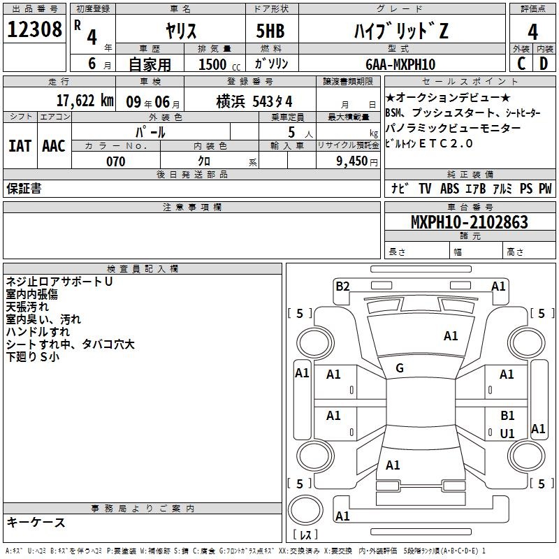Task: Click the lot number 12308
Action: [x=34, y=29]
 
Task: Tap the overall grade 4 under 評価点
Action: [x=532, y=31]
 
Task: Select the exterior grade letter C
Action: [x=521, y=64]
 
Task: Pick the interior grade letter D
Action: [x=544, y=64]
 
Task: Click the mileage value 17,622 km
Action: [x=85, y=101]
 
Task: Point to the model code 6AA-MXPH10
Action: [x=400, y=64]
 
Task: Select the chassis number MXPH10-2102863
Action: [x=470, y=222]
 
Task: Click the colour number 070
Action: [x=116, y=161]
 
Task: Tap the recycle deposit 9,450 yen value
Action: [x=357, y=161]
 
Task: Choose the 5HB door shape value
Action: [x=270, y=31]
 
